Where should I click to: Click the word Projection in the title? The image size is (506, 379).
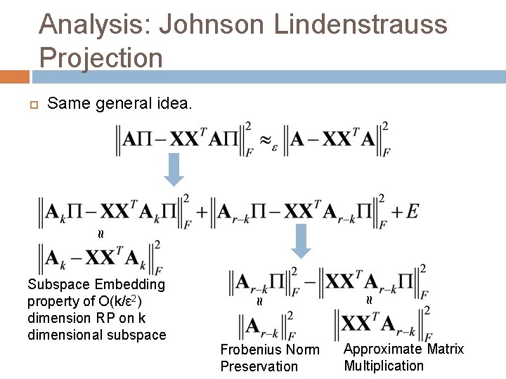pyautogui.click(x=101, y=57)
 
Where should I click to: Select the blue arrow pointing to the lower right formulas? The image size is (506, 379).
pyautogui.click(x=301, y=241)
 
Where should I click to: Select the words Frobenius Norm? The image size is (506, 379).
pyautogui.click(x=270, y=350)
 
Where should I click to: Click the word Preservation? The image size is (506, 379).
pyautogui.click(x=259, y=366)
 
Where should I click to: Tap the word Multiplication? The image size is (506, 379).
pyautogui.click(x=384, y=365)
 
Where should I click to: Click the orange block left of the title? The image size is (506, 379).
pyautogui.click(x=15, y=75)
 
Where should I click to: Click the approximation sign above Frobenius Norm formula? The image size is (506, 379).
pyautogui.click(x=259, y=302)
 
